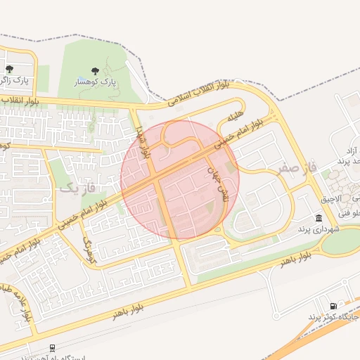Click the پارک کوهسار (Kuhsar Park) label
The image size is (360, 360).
point(95,82)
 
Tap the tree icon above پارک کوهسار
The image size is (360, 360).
point(95,71)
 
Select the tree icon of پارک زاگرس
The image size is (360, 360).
point(9,69)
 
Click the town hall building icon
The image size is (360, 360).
point(319,219)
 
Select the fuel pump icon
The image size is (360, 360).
point(333,306)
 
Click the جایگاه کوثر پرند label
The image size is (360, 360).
point(333,318)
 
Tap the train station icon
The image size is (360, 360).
point(51,347)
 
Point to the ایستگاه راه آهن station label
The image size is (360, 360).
point(53,357)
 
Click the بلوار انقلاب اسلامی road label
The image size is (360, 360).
point(199,93)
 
